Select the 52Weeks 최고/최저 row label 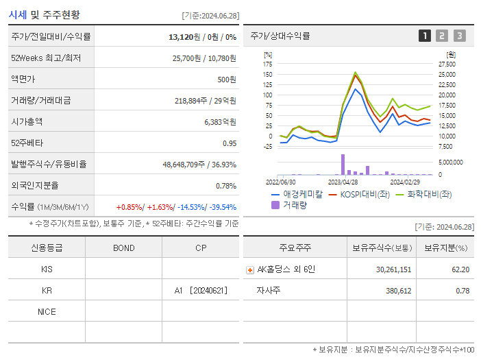tap(46, 58)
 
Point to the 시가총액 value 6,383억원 tap(220, 122)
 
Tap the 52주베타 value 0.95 tap(230, 143)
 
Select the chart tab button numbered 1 tap(425, 36)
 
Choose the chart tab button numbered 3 tap(459, 36)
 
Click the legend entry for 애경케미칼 tap(296, 194)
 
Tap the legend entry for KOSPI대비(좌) tap(360, 194)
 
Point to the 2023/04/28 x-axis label tap(343, 182)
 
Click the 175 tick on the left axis tap(267, 64)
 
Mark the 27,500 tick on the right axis tap(446, 64)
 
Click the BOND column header tap(123, 248)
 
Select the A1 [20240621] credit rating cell tap(199, 291)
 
